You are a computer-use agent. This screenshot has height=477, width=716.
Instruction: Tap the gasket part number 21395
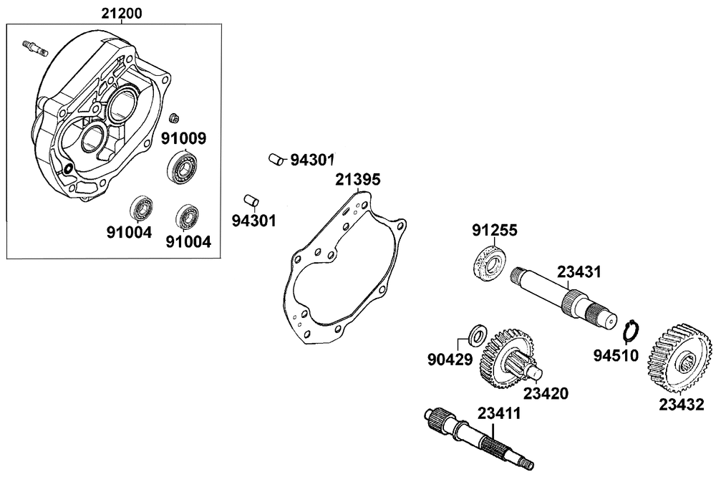[x=357, y=178]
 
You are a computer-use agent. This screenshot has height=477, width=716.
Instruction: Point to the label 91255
[x=494, y=231]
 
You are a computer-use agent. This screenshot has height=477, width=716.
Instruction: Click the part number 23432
[x=681, y=405]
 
